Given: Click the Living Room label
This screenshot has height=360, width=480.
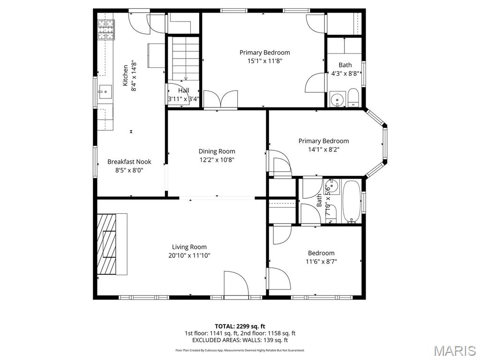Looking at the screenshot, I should (189, 247).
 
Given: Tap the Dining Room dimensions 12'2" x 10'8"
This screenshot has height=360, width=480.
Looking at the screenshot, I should (217, 160).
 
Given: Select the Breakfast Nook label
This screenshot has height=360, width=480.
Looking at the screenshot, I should (129, 162).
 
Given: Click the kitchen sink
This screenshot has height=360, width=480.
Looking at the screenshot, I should (105, 91).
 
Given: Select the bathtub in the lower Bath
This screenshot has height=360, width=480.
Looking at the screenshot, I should (352, 201).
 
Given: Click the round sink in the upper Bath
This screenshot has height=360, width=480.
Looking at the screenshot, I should (336, 100).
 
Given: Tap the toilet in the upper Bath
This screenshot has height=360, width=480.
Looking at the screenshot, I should (353, 97).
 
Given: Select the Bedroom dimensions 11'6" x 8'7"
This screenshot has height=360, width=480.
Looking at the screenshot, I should (321, 262).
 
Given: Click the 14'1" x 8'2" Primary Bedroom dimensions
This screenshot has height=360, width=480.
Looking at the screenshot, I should (323, 150).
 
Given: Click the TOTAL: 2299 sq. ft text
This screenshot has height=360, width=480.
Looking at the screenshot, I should (240, 326).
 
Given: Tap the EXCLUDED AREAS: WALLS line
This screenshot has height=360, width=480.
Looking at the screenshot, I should (240, 340).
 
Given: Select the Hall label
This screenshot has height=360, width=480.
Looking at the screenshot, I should (183, 90).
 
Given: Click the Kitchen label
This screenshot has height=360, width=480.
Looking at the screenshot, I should (125, 75).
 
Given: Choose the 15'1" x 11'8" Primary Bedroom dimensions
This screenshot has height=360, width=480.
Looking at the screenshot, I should (264, 61).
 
